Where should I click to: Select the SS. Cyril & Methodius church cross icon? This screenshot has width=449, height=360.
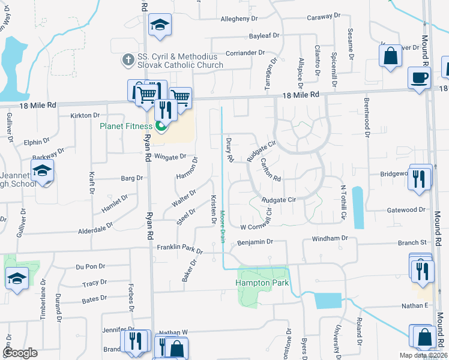coord(127,59)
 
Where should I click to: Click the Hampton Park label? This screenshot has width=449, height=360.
coord(262,283)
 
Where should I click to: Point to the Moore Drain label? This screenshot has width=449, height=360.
coord(222,226)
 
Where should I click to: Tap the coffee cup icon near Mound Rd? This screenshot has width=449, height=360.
coord(419,78)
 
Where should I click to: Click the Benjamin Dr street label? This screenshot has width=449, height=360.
coord(256,242)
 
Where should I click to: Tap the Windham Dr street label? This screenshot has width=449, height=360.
coord(330,238)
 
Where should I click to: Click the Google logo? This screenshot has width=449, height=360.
coord(20,353)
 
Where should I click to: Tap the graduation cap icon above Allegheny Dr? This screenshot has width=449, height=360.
coord(160,26)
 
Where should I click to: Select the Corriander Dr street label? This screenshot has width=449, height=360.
coord(246,53)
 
